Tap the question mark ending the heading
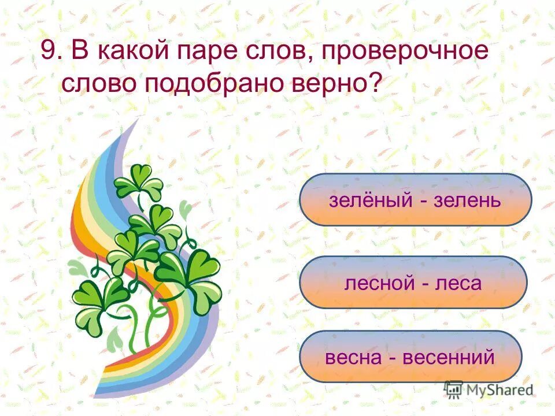point(376,84)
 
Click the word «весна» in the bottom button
point(354,357)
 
